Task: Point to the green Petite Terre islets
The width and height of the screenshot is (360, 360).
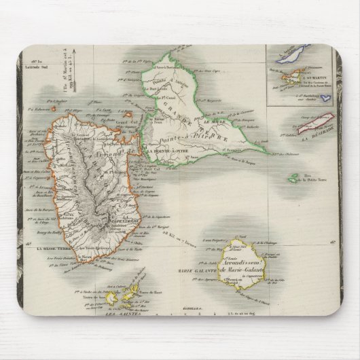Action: [x=293, y=179]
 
